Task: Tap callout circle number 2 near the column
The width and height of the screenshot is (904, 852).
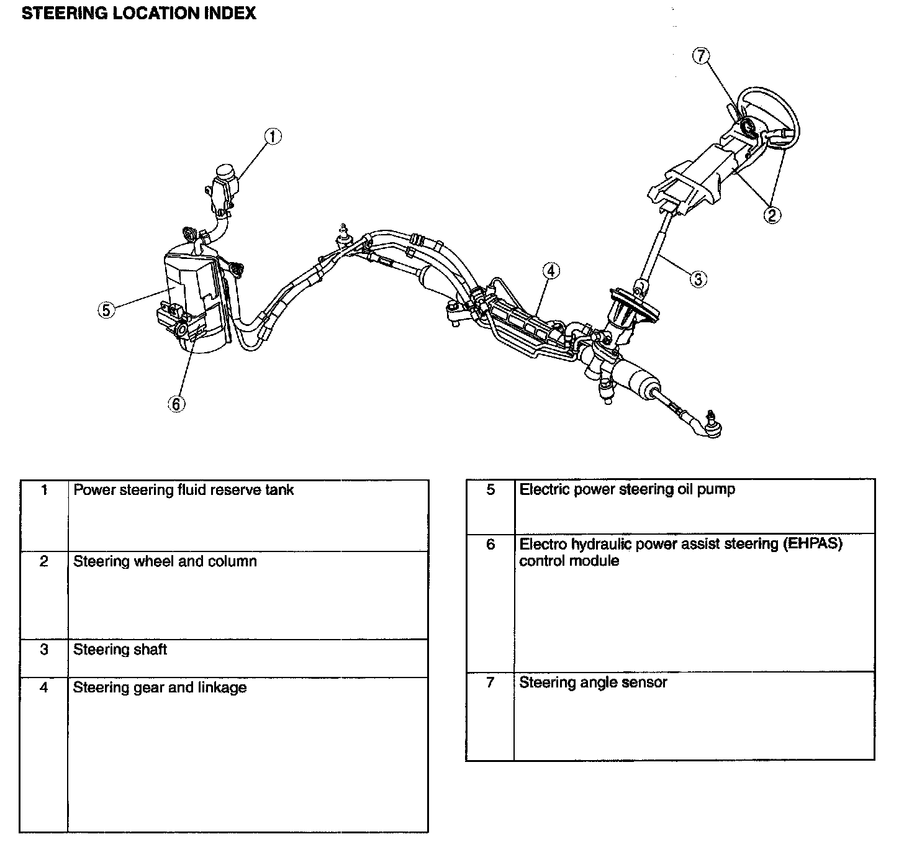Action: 772,215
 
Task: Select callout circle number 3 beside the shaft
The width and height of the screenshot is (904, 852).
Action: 698,279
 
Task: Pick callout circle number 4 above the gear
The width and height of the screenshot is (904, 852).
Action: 550,271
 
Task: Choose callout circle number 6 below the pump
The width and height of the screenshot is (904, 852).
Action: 176,404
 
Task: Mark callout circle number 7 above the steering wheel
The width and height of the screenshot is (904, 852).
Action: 700,56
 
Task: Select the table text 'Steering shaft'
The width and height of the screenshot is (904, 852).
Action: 120,650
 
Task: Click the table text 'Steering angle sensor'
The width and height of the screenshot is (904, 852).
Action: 593,682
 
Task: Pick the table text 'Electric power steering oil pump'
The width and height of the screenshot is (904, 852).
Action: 627,489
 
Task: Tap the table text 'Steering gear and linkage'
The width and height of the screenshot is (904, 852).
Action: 160,687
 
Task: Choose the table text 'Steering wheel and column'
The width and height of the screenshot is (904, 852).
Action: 165,561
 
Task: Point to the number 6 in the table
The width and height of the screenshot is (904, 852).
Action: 490,545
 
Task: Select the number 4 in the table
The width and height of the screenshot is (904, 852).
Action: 43,687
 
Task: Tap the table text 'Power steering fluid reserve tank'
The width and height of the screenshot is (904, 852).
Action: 183,490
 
